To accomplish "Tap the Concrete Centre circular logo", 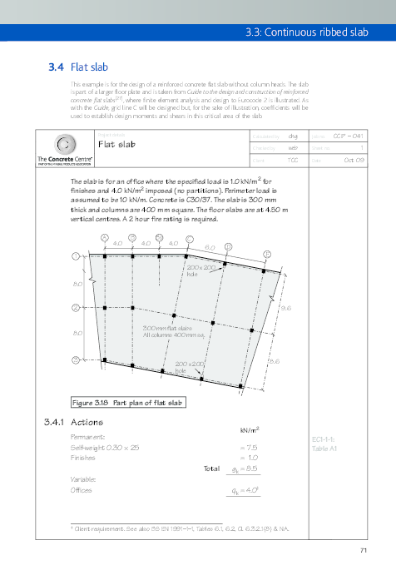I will point(56,143).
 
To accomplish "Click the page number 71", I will point(364,550).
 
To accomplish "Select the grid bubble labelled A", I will point(104,237).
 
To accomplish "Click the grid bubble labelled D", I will point(229,247).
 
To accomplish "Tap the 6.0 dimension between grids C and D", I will point(210,248).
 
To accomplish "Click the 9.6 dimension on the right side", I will point(285,308).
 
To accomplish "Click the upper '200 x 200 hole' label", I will point(196,270).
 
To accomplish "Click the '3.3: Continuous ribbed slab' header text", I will point(318,33).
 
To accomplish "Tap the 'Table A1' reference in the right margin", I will point(323,448).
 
